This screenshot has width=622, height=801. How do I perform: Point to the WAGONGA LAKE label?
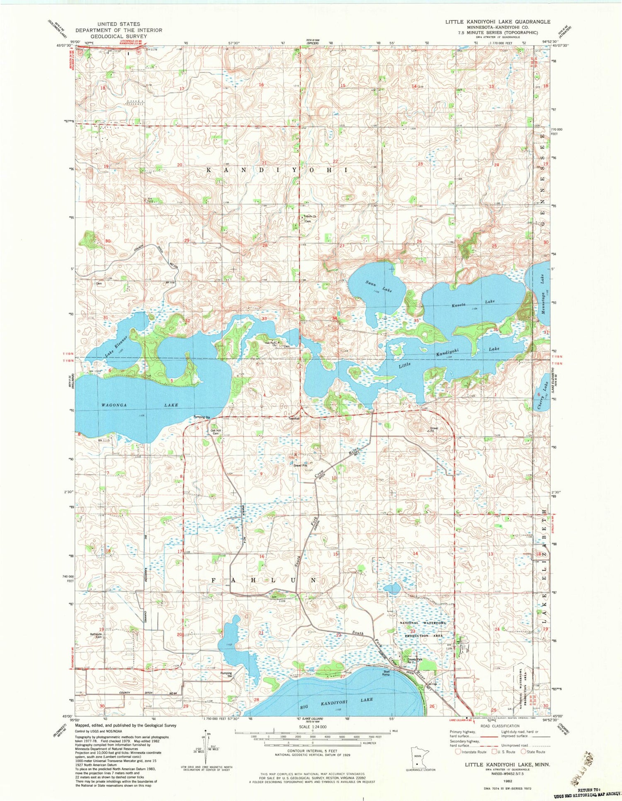click(139, 405)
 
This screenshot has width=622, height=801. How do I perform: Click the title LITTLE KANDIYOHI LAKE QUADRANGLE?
click(498, 22)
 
